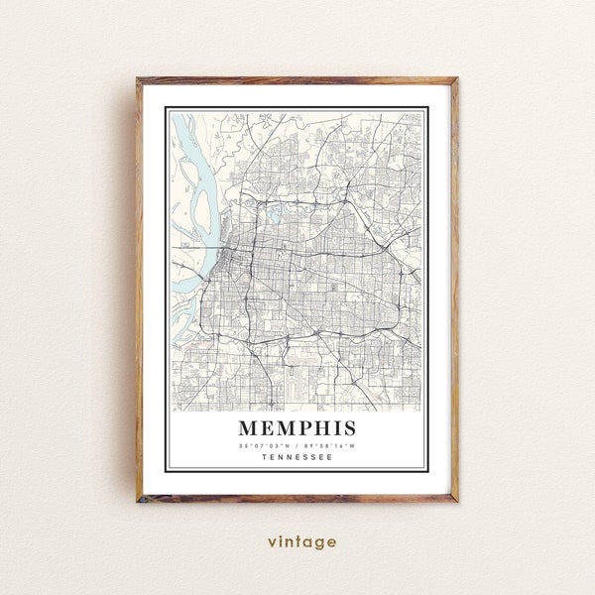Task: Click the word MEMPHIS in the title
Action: (x=297, y=429)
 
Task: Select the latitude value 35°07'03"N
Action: (x=265, y=445)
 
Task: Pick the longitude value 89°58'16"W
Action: (x=330, y=445)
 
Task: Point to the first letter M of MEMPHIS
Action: (x=246, y=429)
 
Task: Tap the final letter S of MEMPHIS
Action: (x=349, y=429)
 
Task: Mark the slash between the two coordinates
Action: (x=297, y=445)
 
